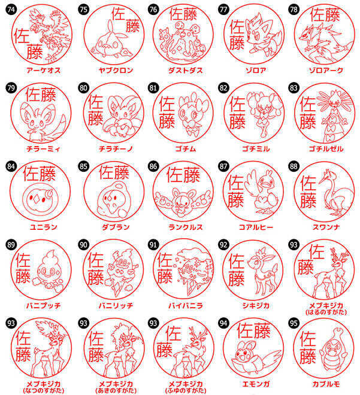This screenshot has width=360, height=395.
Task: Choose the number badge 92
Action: [x=224, y=244]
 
